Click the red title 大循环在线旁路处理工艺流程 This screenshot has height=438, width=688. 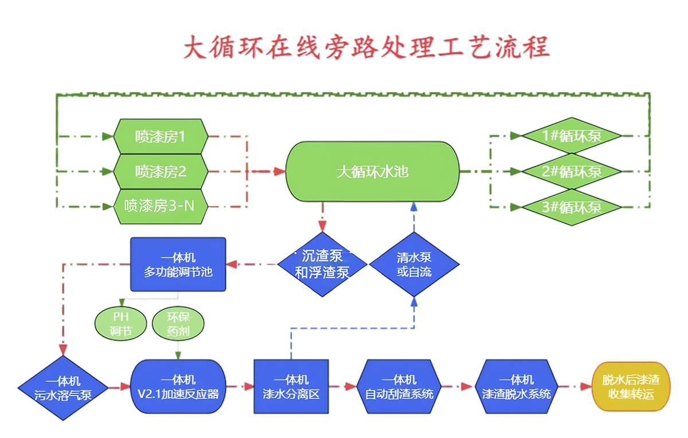[366, 48]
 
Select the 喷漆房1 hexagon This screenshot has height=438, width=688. [161, 137]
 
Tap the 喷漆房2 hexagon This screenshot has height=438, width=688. [161, 171]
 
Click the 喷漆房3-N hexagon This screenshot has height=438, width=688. [161, 206]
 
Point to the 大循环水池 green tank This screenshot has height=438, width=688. [373, 172]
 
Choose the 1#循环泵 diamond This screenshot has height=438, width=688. [572, 137]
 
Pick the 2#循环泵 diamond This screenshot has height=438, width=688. [572, 171]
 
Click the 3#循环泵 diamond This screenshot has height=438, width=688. [572, 206]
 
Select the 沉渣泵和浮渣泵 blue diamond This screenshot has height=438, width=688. [322, 265]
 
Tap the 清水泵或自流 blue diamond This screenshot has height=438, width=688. [414, 265]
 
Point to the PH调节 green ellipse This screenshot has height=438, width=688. [120, 324]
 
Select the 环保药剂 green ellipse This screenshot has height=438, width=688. [178, 324]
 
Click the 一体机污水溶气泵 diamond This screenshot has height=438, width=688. [63, 387]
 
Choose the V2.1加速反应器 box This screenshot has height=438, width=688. [178, 387]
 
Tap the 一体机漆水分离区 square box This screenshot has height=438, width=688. [291, 387]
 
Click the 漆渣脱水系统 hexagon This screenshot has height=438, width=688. [517, 387]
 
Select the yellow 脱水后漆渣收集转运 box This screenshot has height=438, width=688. [631, 387]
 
